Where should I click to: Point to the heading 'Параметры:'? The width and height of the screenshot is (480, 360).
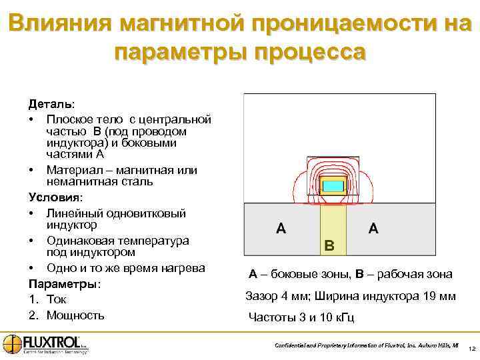click(64, 284)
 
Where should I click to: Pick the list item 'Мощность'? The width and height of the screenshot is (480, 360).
click(75, 315)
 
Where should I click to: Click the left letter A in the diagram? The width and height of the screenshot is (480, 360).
click(282, 229)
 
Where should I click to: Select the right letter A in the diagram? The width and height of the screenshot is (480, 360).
click(373, 229)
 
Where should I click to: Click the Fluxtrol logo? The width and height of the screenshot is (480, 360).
click(45, 343)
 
